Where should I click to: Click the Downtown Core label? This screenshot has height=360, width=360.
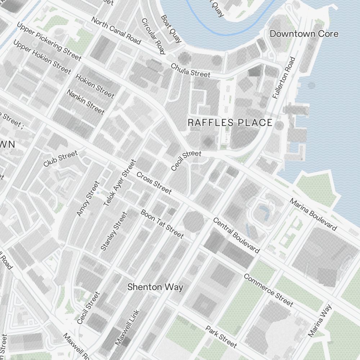(304, 34)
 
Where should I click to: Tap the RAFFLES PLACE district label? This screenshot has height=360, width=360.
(230, 123)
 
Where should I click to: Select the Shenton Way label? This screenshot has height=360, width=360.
(155, 287)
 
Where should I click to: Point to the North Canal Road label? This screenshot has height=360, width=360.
(116, 31)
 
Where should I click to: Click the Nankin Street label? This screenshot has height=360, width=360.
(85, 102)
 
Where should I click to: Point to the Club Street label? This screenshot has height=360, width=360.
(60, 159)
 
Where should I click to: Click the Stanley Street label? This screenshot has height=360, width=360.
(114, 231)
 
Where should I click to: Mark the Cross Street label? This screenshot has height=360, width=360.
(154, 183)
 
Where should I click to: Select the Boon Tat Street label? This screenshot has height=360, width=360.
(162, 224)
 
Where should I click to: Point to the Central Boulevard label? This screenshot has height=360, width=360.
(237, 235)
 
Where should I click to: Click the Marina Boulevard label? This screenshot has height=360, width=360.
(313, 215)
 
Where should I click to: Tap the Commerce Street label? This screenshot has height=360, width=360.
(268, 290)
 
